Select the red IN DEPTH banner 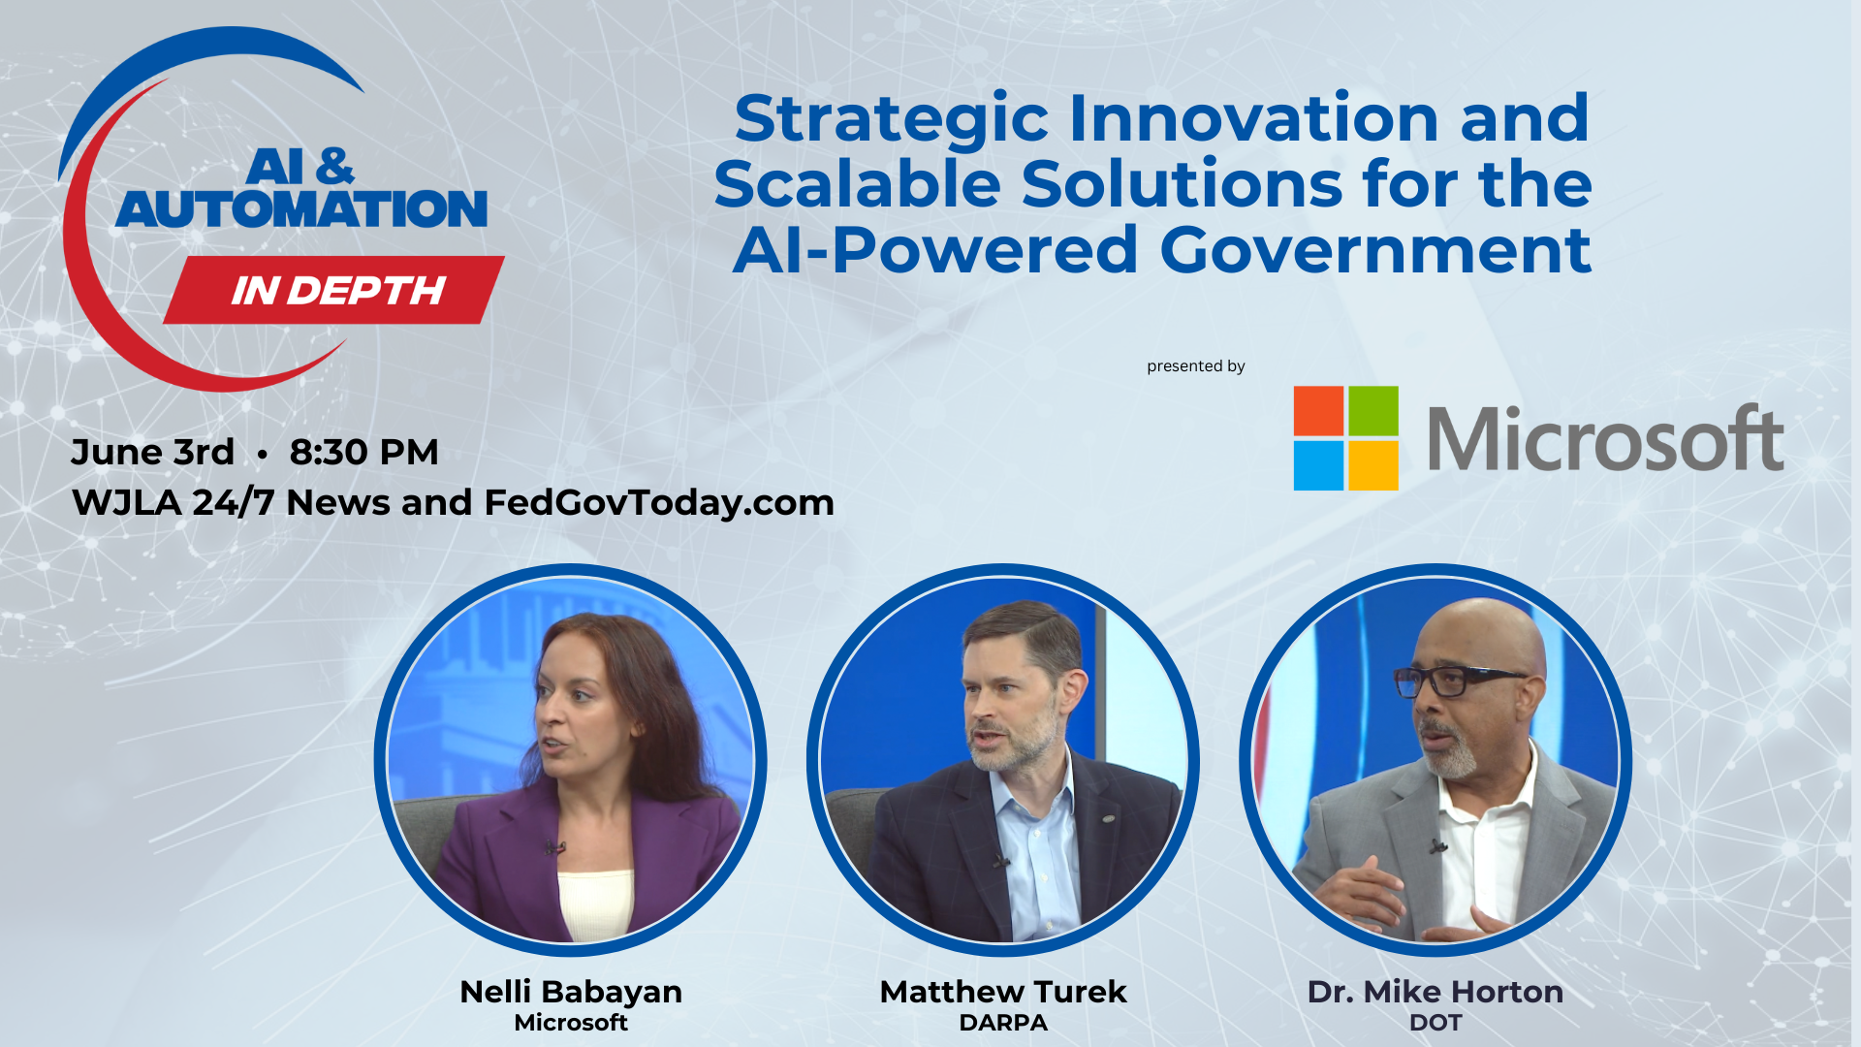click(334, 290)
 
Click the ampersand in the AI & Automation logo click(334, 167)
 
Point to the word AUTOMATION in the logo click(301, 209)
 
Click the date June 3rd click(152, 452)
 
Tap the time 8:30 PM click(363, 452)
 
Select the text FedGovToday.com click(659, 502)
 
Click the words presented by click(1195, 366)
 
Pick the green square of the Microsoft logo click(1373, 411)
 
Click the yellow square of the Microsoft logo click(1373, 465)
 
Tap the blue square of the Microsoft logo click(1318, 465)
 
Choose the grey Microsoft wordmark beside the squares click(1605, 438)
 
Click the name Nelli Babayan click(571, 992)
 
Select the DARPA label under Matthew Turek click(1003, 1023)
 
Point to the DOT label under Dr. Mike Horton click(1435, 1023)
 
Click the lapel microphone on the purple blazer click(553, 848)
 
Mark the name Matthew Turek click(1003, 992)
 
